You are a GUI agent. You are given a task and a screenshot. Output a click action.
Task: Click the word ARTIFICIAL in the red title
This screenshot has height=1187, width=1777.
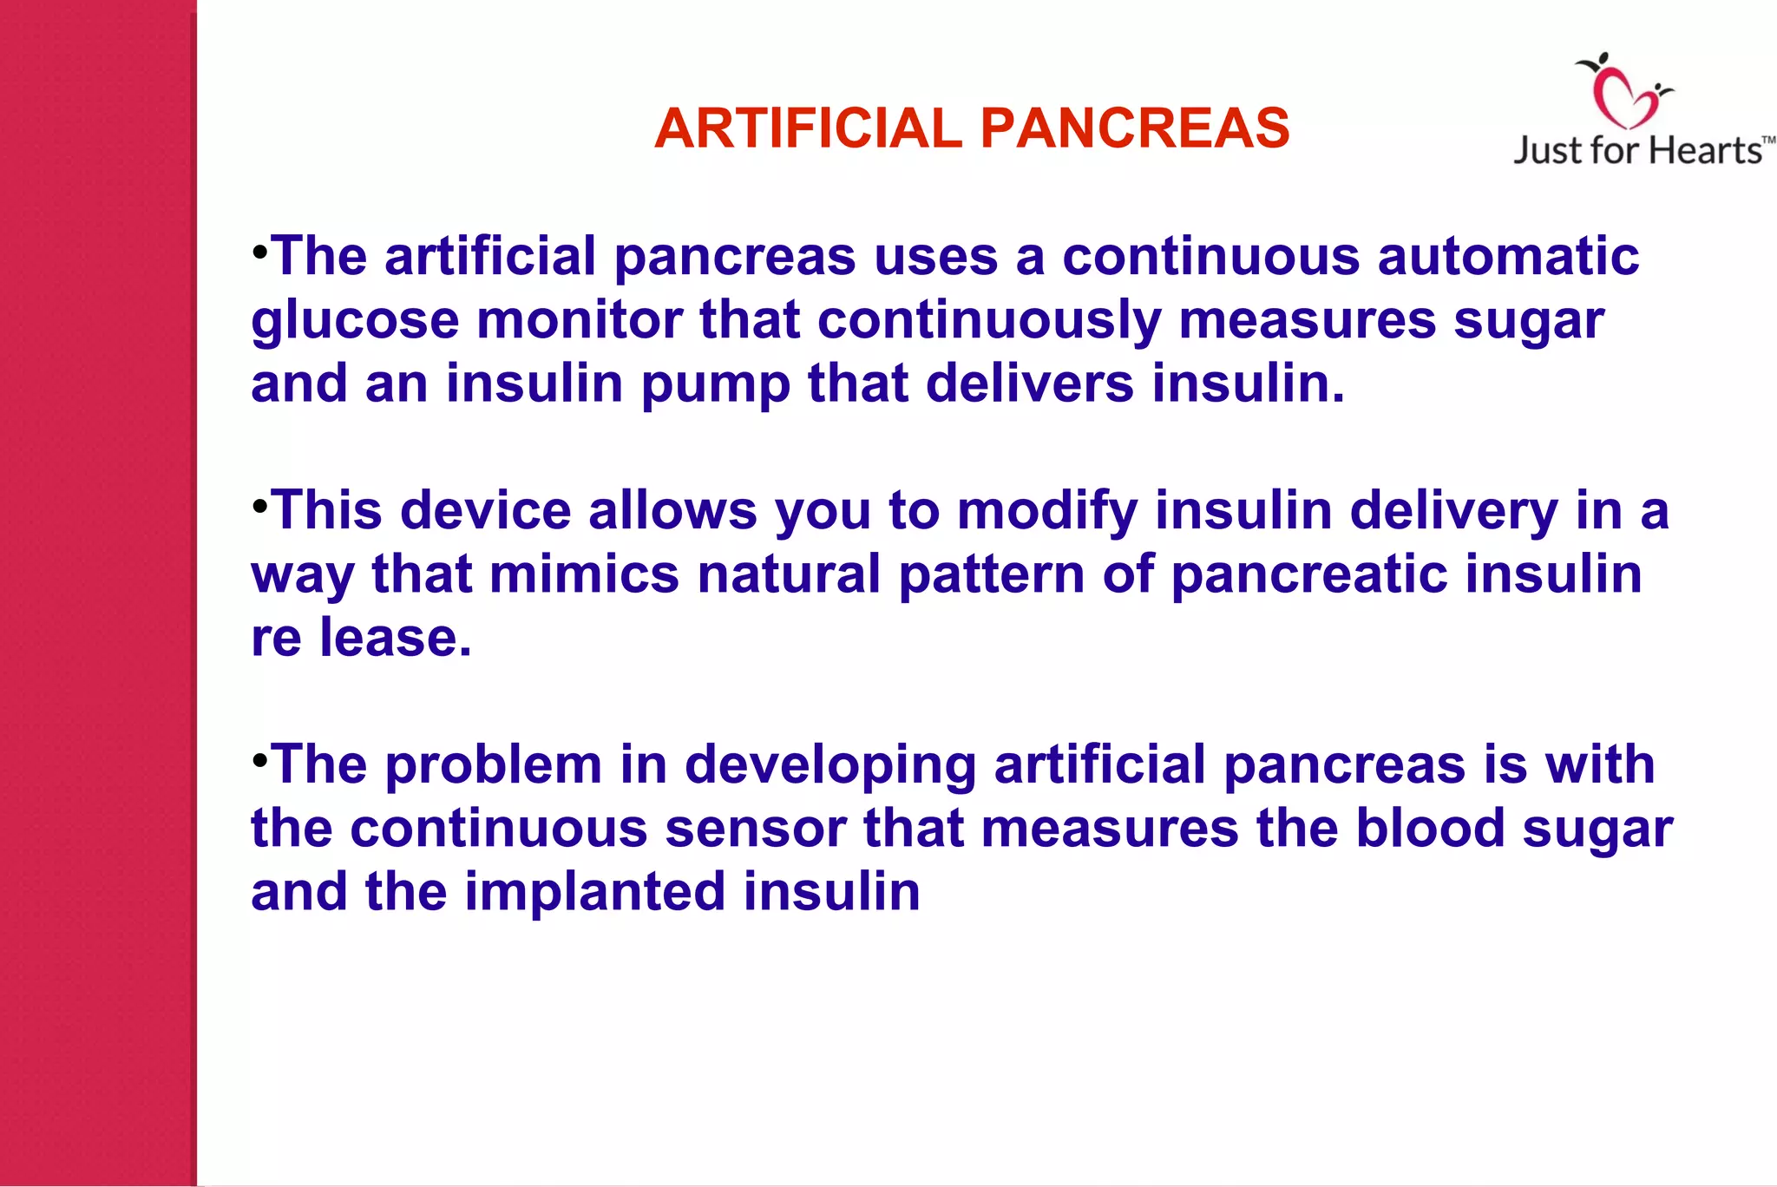tap(808, 128)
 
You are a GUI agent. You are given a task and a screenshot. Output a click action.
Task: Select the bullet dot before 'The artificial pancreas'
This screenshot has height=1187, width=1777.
tap(259, 251)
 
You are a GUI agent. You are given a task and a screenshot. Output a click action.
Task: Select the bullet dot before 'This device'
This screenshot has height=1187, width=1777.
tap(259, 504)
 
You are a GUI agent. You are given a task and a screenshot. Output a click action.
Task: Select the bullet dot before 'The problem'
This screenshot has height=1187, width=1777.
tap(259, 759)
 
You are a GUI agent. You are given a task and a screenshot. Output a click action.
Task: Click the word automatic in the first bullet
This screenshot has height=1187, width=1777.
tap(1508, 257)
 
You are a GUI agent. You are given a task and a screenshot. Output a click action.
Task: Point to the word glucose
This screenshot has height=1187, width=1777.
tap(355, 321)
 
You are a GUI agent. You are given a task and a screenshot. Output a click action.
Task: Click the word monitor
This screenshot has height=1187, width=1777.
tap(579, 320)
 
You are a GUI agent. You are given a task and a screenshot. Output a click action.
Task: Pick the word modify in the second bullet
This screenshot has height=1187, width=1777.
tap(1046, 512)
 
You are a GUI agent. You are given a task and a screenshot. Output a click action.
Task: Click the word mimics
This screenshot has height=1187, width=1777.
tap(584, 574)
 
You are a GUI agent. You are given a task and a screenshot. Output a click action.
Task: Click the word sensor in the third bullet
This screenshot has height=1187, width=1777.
tap(755, 829)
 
